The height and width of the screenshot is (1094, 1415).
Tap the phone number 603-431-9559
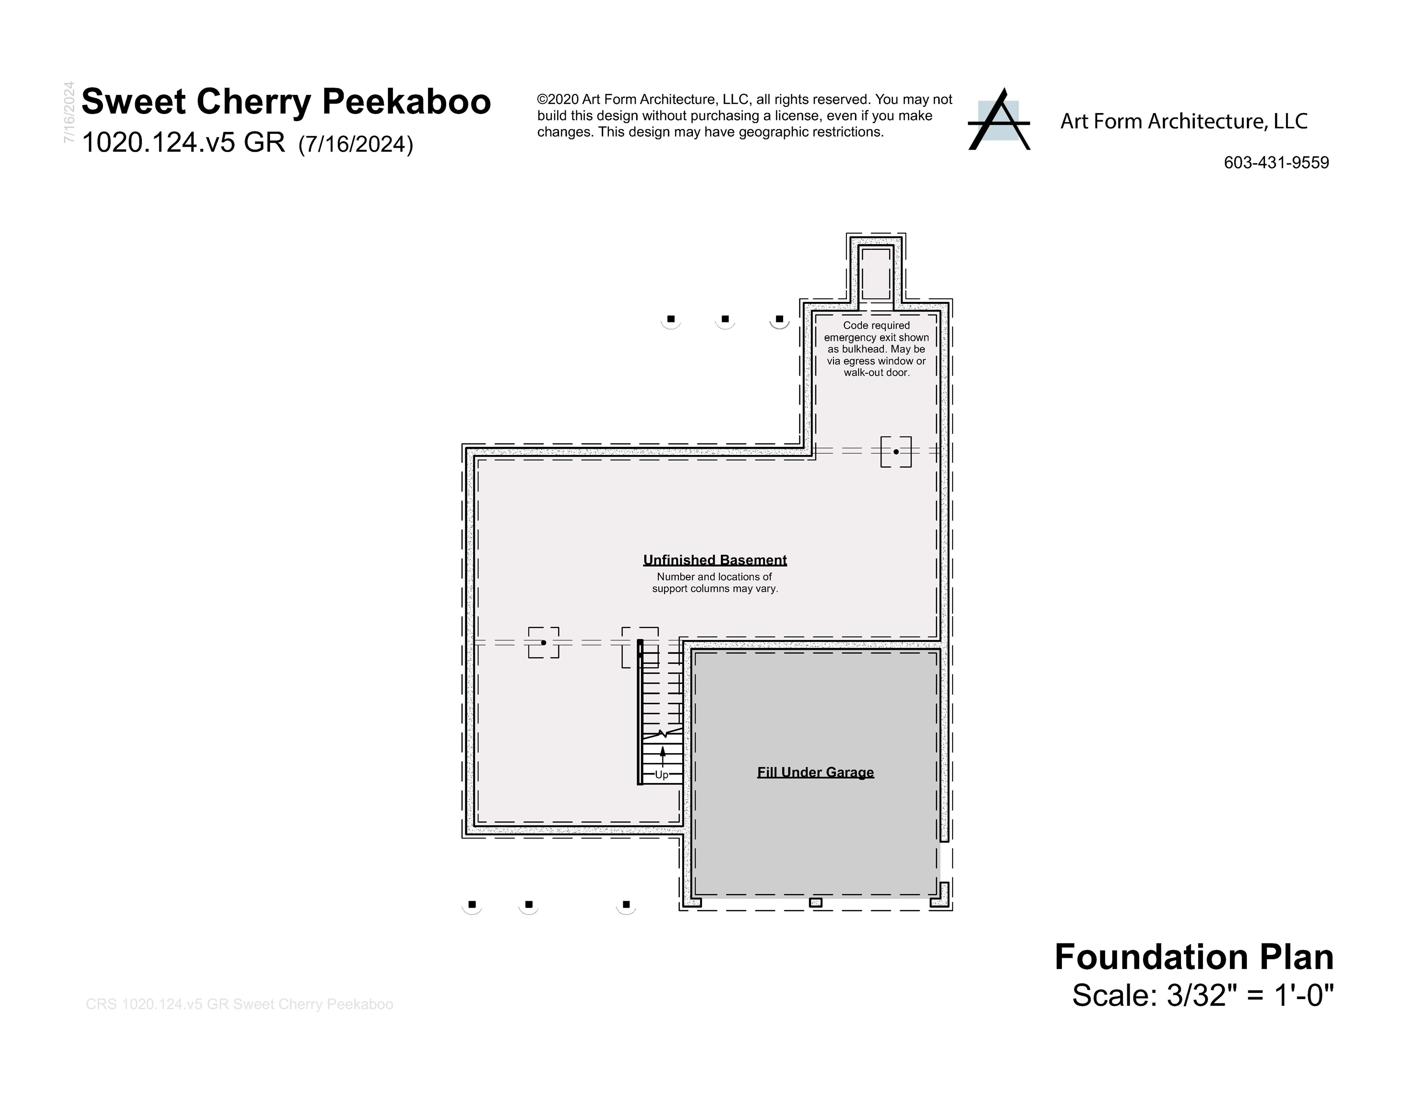(x=1276, y=163)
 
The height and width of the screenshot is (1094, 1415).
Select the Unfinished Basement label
(x=715, y=560)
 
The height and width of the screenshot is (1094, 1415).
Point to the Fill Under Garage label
(x=815, y=773)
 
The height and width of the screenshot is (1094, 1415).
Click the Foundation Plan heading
(x=1193, y=957)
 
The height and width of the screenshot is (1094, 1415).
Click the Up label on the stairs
(x=662, y=775)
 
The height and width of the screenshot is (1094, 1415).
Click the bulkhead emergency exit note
(x=876, y=349)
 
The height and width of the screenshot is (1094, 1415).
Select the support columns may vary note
(x=715, y=583)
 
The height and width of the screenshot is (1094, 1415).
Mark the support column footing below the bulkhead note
(x=896, y=452)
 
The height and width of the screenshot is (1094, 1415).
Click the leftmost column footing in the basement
(x=544, y=643)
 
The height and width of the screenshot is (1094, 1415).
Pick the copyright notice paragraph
(x=744, y=116)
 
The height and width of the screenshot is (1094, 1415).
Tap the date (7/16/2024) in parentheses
(x=356, y=144)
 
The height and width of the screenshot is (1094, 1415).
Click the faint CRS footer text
(x=239, y=1004)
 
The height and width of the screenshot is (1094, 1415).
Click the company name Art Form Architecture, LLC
(x=1184, y=121)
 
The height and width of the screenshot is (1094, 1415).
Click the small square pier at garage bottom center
(x=815, y=902)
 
